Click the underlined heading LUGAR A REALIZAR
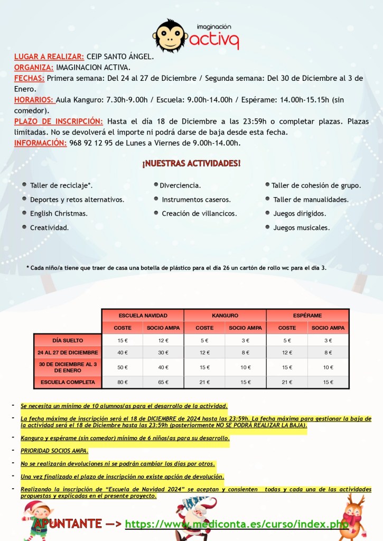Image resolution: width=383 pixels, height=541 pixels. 49,57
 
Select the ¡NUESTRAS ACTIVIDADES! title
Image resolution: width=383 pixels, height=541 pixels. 191,164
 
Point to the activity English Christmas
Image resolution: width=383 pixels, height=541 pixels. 59,213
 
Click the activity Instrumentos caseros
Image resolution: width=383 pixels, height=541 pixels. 196,200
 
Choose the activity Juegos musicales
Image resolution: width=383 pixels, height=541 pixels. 301,228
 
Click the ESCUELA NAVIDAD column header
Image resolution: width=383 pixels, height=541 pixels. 143,315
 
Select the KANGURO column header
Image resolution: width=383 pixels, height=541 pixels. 225,315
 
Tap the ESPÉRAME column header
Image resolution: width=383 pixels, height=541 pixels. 307,315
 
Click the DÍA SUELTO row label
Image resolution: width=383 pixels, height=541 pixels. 68,340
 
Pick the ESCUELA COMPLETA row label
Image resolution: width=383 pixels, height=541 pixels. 68,382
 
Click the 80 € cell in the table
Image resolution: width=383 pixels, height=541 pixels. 123,382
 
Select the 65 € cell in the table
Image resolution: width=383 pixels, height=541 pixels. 163,382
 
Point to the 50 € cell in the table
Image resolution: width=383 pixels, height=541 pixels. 123,367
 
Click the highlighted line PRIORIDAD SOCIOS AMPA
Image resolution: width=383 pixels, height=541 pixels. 54,451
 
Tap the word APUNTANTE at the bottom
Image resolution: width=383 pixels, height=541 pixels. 68,524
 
